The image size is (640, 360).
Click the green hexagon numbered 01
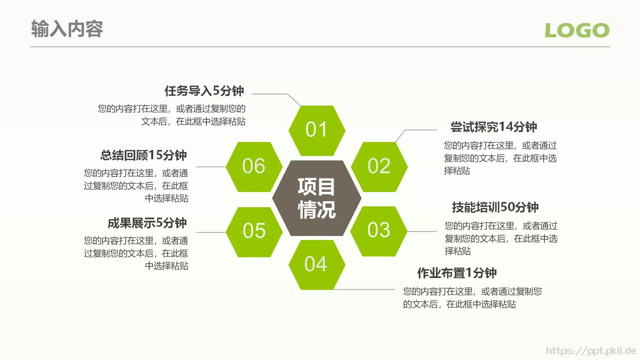(x=316, y=130)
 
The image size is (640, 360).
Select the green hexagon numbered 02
(x=379, y=167)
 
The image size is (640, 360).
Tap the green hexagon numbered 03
(x=378, y=231)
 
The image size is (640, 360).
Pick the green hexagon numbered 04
(x=316, y=265)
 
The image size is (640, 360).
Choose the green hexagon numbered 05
(x=254, y=232)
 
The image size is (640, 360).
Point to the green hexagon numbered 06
(x=254, y=167)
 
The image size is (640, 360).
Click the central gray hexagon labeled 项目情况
(x=316, y=198)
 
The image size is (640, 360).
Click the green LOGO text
(x=577, y=30)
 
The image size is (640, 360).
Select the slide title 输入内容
(x=67, y=29)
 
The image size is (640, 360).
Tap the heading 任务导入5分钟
(x=204, y=91)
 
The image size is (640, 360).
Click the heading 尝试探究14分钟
(x=494, y=127)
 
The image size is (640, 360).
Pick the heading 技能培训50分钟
(x=495, y=208)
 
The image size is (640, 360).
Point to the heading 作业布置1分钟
(x=457, y=273)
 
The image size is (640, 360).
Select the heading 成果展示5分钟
(x=147, y=223)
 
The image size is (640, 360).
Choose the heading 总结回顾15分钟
(x=144, y=155)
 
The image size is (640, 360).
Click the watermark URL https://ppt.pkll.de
(x=591, y=351)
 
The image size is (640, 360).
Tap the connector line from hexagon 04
(x=364, y=289)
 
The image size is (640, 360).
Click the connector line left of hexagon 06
(x=211, y=167)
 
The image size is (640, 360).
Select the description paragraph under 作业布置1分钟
(x=472, y=298)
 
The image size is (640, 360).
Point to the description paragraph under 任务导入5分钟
(x=172, y=115)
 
